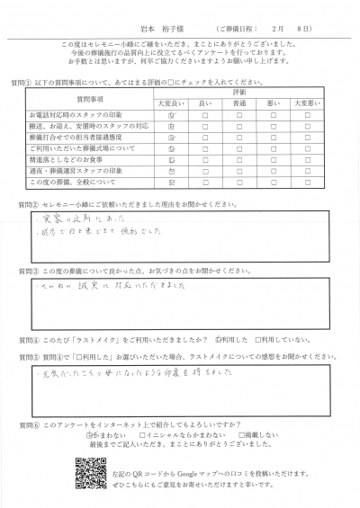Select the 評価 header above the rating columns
click(x=240, y=92)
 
